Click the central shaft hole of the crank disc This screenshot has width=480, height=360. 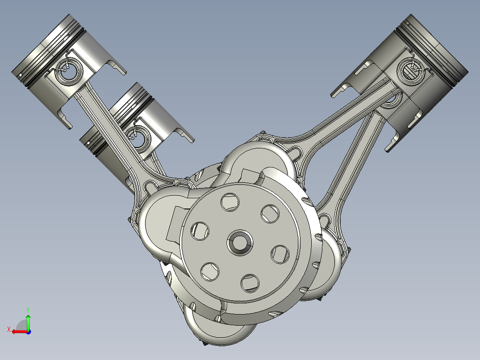(240, 243)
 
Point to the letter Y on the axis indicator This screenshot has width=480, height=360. (28, 309)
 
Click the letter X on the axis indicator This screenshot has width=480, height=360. (8, 329)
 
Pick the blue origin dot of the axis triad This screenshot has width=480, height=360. (28, 331)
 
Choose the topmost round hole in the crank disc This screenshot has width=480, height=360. (229, 203)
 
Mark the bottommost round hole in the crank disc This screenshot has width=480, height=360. (250, 283)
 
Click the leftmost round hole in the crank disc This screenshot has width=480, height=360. (199, 230)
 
